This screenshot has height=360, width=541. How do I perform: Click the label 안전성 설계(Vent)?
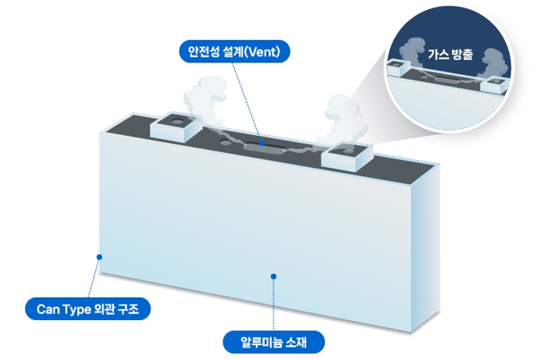(x=234, y=52)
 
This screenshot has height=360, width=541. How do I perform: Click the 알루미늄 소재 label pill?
(x=273, y=340)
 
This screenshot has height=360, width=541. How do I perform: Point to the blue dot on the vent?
(x=262, y=144)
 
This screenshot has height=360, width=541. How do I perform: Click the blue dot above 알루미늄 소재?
(x=273, y=276)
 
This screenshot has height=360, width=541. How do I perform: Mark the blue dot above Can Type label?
(x=99, y=255)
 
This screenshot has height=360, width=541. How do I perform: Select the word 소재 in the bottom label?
(x=295, y=340)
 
